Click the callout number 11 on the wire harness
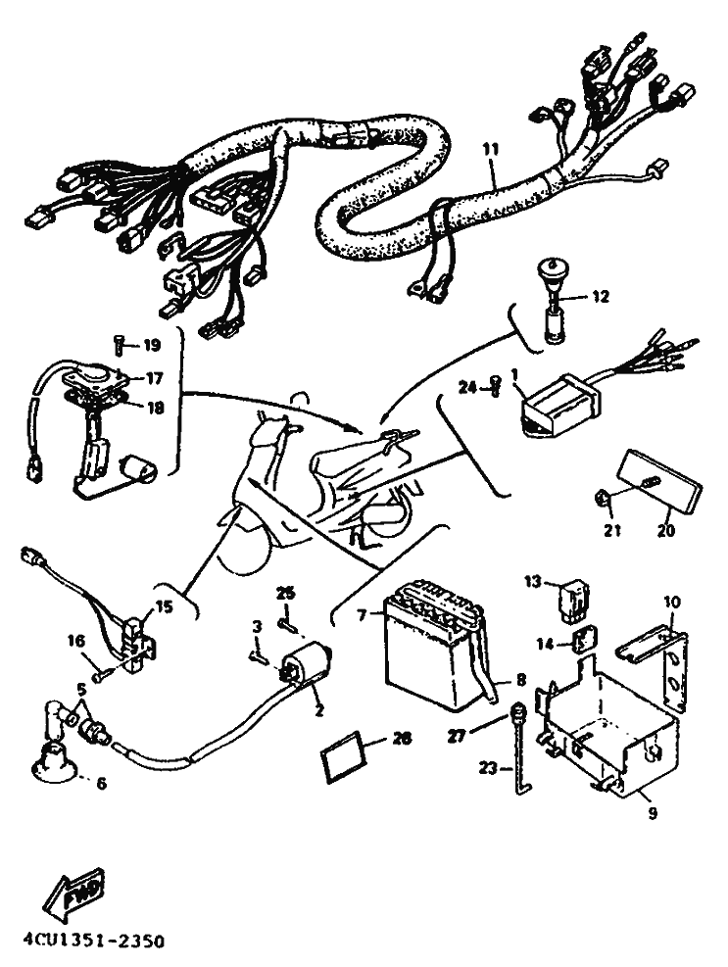(491, 149)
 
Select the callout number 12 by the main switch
(601, 296)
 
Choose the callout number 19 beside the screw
(150, 345)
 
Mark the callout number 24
(468, 389)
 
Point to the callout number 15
(163, 607)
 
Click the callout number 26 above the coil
(284, 594)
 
